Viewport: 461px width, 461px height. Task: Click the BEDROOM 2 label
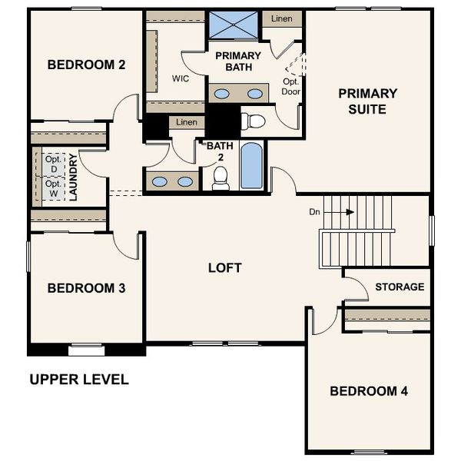pyautogui.click(x=86, y=65)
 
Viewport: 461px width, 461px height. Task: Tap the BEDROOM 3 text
pyautogui.click(x=86, y=288)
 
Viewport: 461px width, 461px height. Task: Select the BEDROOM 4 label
pyautogui.click(x=369, y=391)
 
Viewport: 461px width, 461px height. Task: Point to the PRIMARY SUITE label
pyautogui.click(x=368, y=101)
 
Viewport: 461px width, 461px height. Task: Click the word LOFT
pyautogui.click(x=224, y=268)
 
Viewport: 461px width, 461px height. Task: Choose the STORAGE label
pyautogui.click(x=400, y=287)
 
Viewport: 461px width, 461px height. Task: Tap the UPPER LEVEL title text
pyautogui.click(x=78, y=380)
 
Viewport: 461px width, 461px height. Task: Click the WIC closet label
pyautogui.click(x=181, y=78)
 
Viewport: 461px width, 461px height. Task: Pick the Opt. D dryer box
pyautogui.click(x=52, y=163)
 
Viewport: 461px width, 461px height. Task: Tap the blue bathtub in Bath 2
pyautogui.click(x=251, y=165)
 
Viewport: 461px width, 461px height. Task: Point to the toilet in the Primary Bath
pyautogui.click(x=253, y=121)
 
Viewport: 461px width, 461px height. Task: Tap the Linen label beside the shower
pyautogui.click(x=281, y=18)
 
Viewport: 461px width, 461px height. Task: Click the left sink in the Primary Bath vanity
pyautogui.click(x=221, y=94)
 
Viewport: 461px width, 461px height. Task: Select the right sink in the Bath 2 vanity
pyautogui.click(x=185, y=182)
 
